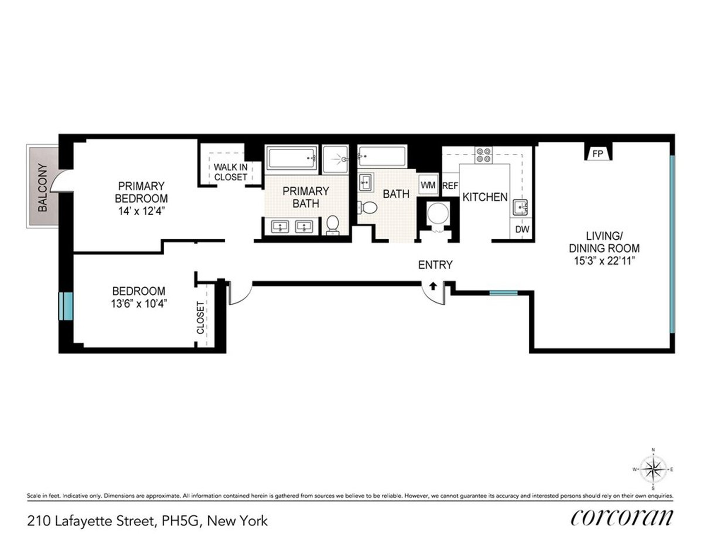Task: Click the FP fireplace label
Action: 598,154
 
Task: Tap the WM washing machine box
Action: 428,185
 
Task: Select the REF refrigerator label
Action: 450,186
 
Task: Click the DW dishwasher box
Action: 522,230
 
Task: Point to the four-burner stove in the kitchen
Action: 484,155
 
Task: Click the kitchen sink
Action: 519,207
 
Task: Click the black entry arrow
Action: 433,286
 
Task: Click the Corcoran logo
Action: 622,518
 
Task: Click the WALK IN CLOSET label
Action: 230,172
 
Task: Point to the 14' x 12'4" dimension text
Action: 141,210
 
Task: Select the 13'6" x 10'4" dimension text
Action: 139,304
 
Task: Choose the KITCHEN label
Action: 485,197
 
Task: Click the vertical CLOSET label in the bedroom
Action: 201,317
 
